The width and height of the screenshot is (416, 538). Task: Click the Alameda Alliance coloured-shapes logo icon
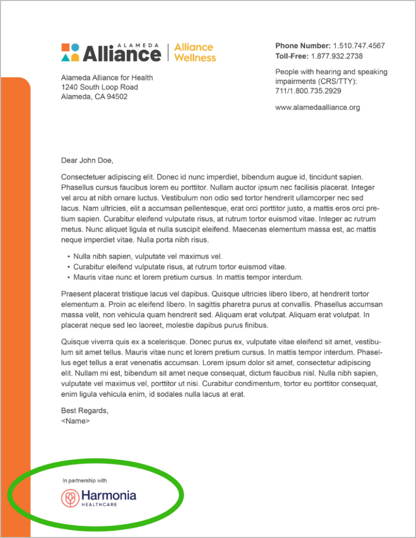pos(70,52)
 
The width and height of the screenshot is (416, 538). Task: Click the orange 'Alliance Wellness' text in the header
pos(195,53)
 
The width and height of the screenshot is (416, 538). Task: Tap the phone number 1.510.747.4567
pos(359,46)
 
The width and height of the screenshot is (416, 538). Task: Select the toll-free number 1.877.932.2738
pos(337,56)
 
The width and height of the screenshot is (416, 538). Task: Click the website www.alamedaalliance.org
pos(317,107)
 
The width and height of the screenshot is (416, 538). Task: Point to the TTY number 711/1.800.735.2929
pos(308,91)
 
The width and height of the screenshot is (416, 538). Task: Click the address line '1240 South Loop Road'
pos(99,87)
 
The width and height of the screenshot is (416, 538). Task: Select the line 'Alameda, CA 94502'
pos(94,97)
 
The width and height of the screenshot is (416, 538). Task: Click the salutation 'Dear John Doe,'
pos(87,160)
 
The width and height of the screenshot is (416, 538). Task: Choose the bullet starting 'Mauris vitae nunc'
pos(188,277)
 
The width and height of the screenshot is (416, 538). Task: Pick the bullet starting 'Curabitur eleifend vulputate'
pos(179,267)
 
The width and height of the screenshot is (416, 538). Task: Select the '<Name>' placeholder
pos(76,421)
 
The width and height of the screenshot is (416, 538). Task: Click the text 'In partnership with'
pos(85,480)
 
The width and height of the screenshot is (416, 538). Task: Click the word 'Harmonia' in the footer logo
pos(108,495)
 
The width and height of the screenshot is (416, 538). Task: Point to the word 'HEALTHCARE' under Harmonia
pos(99,505)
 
